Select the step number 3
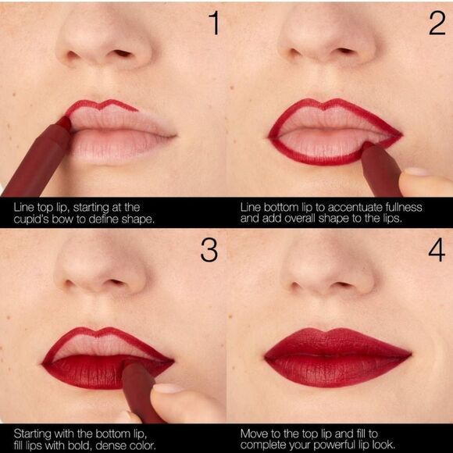(209, 250)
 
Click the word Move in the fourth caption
(255, 432)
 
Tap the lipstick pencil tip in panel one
(64, 123)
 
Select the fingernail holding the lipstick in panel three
(166, 388)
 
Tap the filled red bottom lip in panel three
(86, 371)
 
